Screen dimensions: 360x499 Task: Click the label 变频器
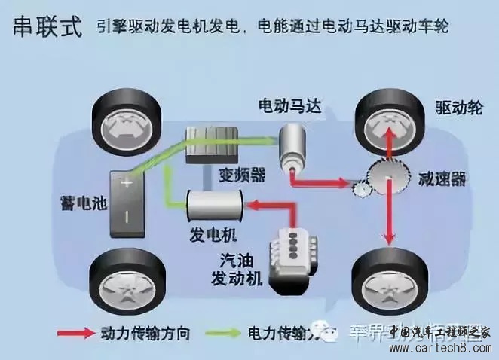[243, 175]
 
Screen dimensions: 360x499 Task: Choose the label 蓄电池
[71, 203]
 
